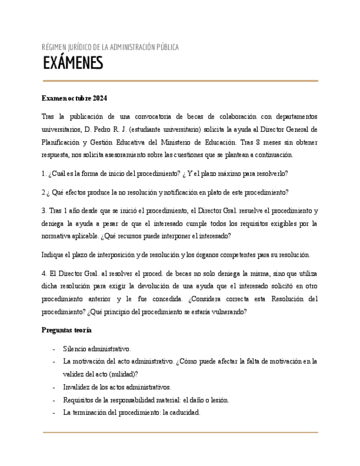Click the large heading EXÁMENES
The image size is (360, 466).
[73, 63]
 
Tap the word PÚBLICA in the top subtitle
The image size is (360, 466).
[165, 48]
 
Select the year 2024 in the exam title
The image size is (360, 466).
[100, 98]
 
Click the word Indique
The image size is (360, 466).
[53, 254]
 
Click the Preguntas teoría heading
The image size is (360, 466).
[67, 330]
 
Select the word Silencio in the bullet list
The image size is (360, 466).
[76, 349]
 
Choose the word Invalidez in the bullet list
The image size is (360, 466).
[77, 387]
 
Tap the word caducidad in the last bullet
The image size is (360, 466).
[184, 412]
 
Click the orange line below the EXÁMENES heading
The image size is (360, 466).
[180, 81]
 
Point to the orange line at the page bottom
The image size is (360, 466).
[180, 432]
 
